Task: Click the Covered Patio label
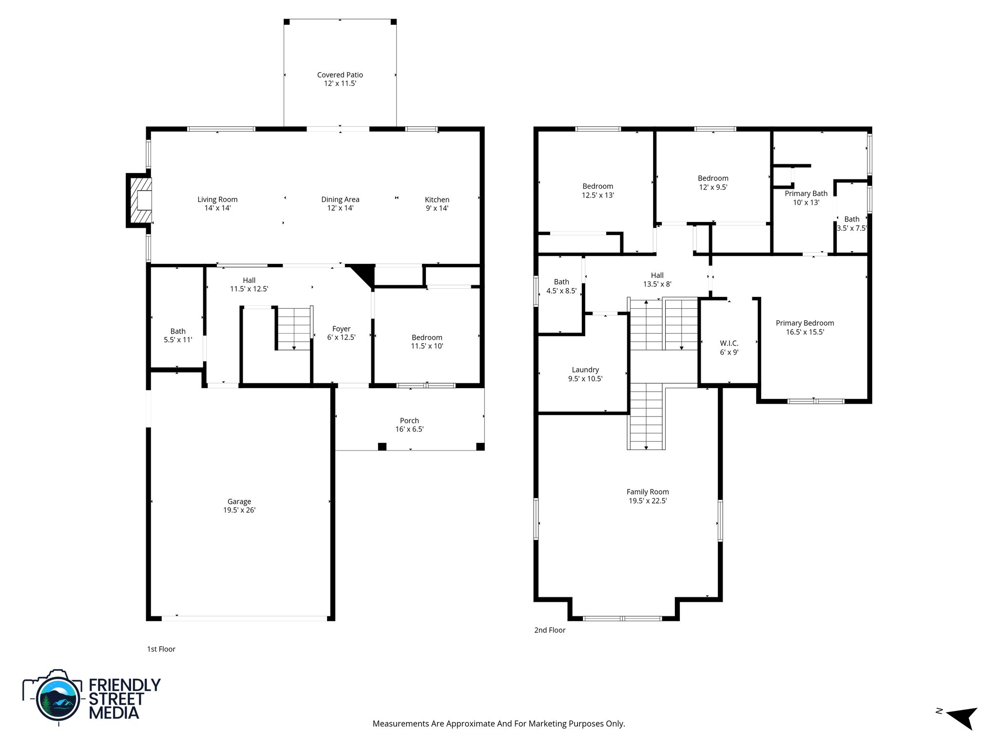(340, 79)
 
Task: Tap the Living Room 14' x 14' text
(217, 204)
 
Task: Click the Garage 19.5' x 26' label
(239, 506)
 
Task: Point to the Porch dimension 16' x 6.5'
(409, 430)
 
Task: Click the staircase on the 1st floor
(294, 328)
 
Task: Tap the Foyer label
(341, 329)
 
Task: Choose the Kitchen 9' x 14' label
(437, 204)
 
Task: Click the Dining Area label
(340, 199)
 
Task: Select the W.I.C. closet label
(729, 348)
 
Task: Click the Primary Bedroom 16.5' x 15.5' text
(805, 328)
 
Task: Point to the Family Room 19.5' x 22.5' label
(647, 496)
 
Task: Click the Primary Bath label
(806, 194)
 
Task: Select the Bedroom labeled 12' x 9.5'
(712, 182)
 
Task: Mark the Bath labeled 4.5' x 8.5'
(561, 286)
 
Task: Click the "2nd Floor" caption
(550, 630)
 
